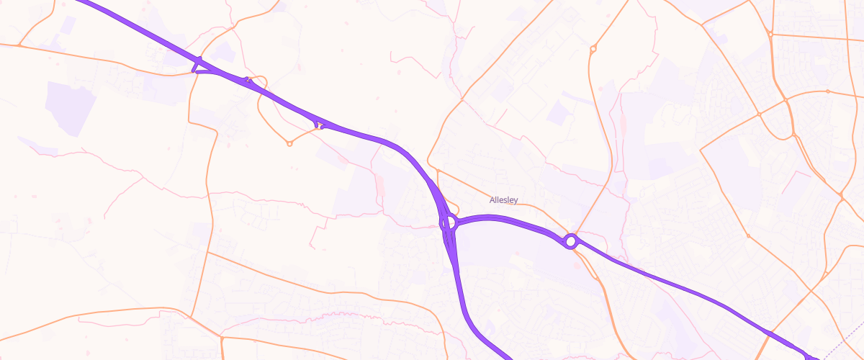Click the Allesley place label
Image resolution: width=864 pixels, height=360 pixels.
click(503, 200)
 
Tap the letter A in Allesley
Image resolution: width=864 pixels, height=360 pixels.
click(492, 200)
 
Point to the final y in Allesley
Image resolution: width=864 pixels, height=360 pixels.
click(516, 201)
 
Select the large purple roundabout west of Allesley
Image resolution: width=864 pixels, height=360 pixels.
click(448, 222)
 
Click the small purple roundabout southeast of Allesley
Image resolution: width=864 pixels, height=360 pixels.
click(571, 241)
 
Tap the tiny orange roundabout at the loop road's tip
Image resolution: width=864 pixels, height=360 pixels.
click(289, 143)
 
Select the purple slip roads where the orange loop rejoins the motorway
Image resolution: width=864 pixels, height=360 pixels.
click(320, 125)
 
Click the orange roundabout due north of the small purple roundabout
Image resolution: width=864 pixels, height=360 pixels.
click(593, 49)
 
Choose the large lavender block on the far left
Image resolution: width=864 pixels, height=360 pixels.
click(70, 108)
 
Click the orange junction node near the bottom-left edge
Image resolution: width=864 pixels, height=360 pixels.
click(222, 337)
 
